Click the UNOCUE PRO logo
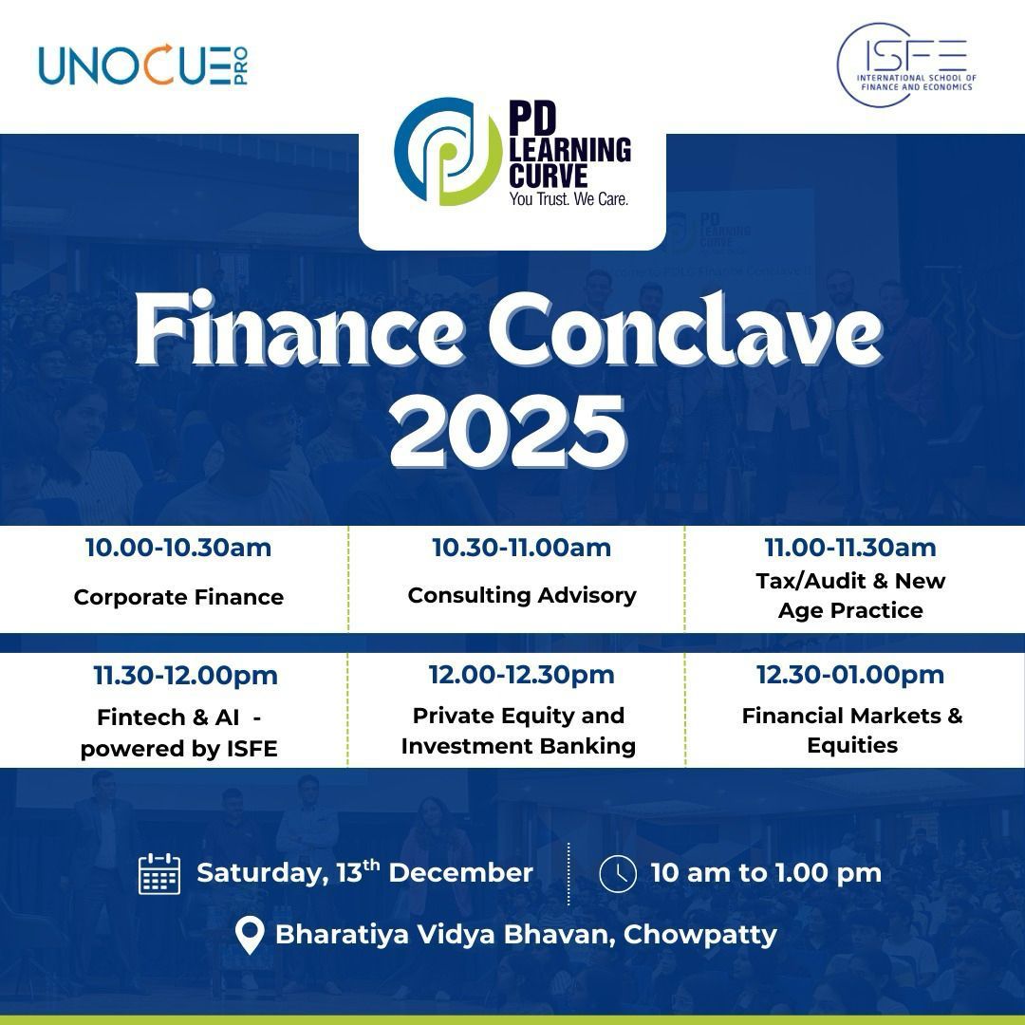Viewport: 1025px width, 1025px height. pos(143,65)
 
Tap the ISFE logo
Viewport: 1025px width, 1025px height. pos(905,65)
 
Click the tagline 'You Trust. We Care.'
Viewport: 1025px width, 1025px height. pos(568,199)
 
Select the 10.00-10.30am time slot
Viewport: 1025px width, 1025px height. pos(178,548)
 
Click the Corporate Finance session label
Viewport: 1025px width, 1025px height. pos(178,597)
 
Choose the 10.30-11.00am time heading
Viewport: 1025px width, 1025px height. pos(521,548)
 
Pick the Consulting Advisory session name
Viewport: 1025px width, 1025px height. pos(522,595)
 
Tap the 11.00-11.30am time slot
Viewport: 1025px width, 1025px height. pos(850,548)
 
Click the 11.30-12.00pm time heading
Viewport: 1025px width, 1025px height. pos(185,676)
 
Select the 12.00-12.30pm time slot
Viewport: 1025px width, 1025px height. pos(521,675)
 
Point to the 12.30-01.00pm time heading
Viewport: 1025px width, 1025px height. pos(850,675)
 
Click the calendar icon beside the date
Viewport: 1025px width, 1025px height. pos(159,873)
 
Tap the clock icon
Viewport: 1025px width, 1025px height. pos(618,873)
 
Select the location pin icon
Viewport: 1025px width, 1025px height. pos(250,935)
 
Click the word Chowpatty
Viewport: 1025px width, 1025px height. pos(700,934)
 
